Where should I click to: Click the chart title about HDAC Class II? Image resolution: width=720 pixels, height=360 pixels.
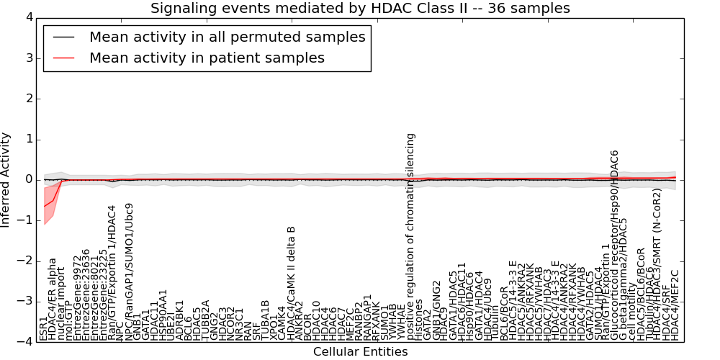[x=360, y=9]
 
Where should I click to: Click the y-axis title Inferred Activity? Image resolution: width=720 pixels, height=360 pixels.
[x=6, y=179]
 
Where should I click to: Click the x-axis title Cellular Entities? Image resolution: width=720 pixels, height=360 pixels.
[x=360, y=352]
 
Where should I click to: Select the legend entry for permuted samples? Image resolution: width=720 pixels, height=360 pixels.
[x=227, y=37]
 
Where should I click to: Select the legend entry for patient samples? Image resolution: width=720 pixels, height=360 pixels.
[x=207, y=58]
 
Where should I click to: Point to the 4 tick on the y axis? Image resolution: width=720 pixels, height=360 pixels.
[x=27, y=17]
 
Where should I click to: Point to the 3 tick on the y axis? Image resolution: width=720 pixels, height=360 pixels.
[x=27, y=58]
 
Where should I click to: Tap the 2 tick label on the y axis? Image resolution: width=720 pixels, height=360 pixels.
[x=27, y=99]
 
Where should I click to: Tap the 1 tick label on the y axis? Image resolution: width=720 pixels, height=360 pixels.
[x=27, y=139]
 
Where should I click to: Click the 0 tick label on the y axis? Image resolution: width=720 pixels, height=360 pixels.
[x=27, y=179]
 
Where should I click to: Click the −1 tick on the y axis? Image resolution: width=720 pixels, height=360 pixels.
[x=24, y=220]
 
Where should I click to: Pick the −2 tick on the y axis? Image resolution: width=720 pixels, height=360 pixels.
[x=24, y=261]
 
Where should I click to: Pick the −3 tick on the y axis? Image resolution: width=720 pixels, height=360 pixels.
[x=24, y=301]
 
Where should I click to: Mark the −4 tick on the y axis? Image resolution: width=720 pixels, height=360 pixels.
[x=24, y=341]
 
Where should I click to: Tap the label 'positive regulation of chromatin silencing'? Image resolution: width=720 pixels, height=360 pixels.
[x=411, y=228]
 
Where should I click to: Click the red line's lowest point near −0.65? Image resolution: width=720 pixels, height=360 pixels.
[x=44, y=207]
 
